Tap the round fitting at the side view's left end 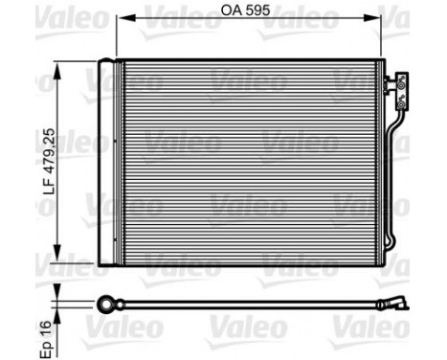pos(105,304)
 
